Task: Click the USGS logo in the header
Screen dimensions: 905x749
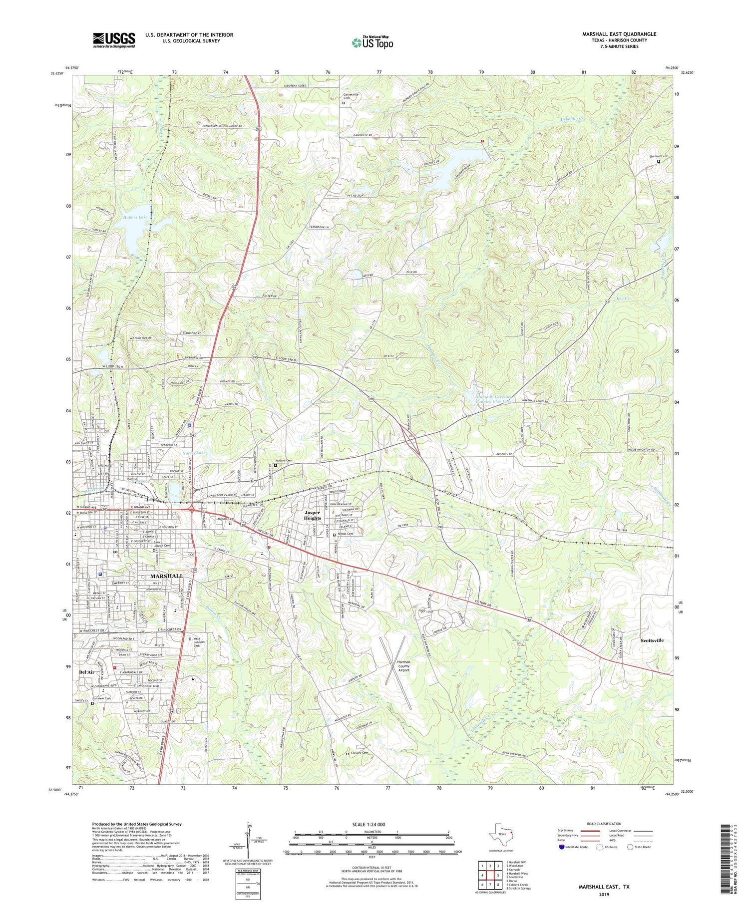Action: coord(114,40)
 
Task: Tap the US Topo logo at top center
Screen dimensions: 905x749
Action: coord(372,42)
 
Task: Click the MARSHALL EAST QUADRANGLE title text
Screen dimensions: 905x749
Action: coord(619,34)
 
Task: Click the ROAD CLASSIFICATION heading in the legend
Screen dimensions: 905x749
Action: coord(604,824)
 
